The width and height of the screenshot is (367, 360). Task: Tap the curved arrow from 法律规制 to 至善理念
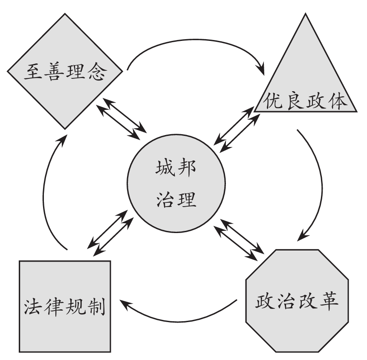pos(45,192)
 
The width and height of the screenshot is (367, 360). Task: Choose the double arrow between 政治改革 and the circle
pos(238,240)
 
